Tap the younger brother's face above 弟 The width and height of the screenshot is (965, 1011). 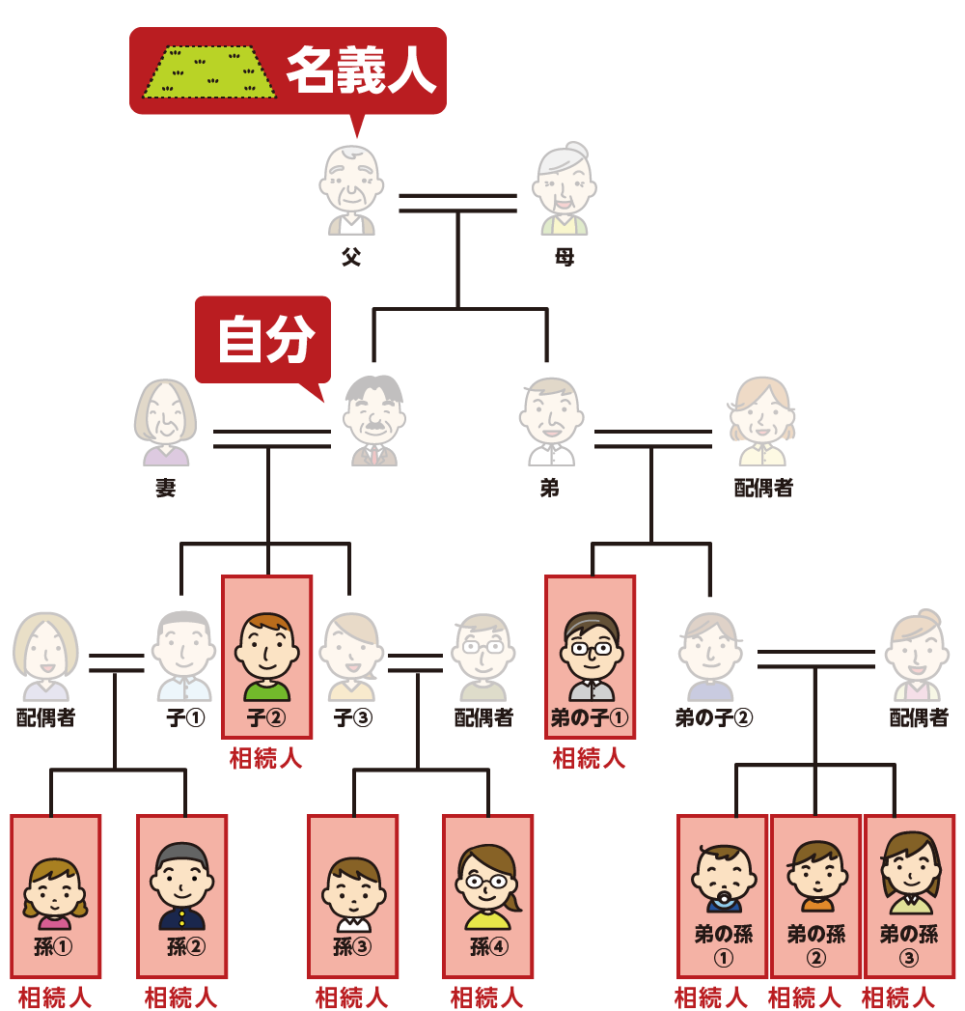pos(549,415)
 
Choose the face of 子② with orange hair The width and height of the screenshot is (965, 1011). pos(267,647)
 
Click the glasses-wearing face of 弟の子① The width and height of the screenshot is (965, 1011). pos(591,647)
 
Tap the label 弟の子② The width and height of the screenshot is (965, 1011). pos(713,718)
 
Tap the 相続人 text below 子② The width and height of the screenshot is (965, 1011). pos(266,759)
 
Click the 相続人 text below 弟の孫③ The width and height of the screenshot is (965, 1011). pos(898,997)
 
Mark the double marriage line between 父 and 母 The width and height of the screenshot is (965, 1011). pos(458,202)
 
